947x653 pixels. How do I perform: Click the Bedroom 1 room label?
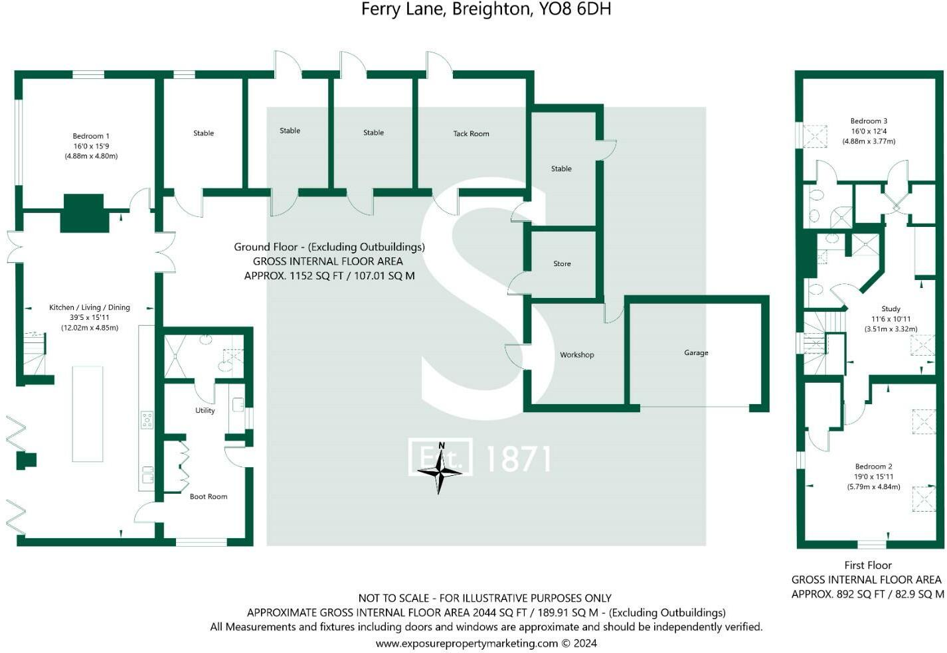pyautogui.click(x=91, y=136)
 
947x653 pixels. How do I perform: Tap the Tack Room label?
pyautogui.click(x=471, y=133)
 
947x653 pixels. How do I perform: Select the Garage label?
pyautogui.click(x=696, y=352)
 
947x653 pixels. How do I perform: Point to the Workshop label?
pyautogui.click(x=576, y=354)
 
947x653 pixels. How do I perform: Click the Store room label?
pyautogui.click(x=562, y=263)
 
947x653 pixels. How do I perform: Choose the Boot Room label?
pyautogui.click(x=209, y=496)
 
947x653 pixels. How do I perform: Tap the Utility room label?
pyautogui.click(x=205, y=410)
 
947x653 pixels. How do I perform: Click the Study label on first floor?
pyautogui.click(x=891, y=309)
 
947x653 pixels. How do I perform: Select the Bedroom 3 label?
pyautogui.click(x=869, y=121)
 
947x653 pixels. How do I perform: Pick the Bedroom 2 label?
pyautogui.click(x=873, y=467)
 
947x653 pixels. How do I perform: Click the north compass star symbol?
pyautogui.click(x=440, y=471)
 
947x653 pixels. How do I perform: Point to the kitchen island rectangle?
pyautogui.click(x=88, y=413)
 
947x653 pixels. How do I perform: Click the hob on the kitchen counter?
pyautogui.click(x=147, y=419)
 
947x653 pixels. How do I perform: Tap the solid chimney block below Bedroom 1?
pyautogui.click(x=84, y=212)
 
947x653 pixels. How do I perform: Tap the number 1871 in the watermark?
pyautogui.click(x=519, y=459)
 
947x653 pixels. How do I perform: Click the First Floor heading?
pyautogui.click(x=867, y=565)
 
